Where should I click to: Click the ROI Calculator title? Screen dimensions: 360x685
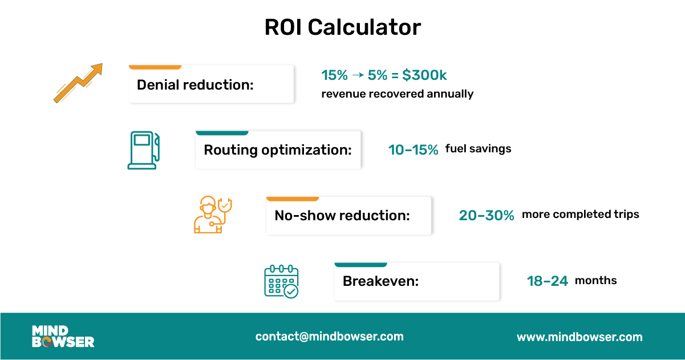pyautogui.click(x=342, y=27)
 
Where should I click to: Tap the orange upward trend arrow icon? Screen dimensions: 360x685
pyautogui.click(x=78, y=83)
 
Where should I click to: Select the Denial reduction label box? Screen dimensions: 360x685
pyautogui.click(x=211, y=85)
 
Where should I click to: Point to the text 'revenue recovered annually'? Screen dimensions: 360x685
pyautogui.click(x=397, y=94)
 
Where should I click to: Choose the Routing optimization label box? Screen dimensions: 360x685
pyautogui.click(x=278, y=150)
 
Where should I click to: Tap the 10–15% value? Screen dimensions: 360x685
pyautogui.click(x=413, y=150)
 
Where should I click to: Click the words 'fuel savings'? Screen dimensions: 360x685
pyautogui.click(x=478, y=149)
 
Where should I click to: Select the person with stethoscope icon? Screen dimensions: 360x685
pyautogui.click(x=212, y=215)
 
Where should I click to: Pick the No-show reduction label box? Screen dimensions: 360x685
pyautogui.click(x=348, y=216)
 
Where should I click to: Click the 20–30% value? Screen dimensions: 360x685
pyautogui.click(x=487, y=215)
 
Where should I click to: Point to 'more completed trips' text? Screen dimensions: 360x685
pyautogui.click(x=580, y=215)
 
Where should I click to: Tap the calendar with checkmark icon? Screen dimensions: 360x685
pyautogui.click(x=281, y=281)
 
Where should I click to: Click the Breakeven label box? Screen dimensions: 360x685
pyautogui.click(x=416, y=281)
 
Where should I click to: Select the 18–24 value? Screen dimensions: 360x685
pyautogui.click(x=548, y=281)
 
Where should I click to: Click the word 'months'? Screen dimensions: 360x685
pyautogui.click(x=595, y=280)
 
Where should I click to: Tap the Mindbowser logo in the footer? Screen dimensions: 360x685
pyautogui.click(x=63, y=337)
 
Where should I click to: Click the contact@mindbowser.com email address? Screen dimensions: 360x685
pyautogui.click(x=329, y=337)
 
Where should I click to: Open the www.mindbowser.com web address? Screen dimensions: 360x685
pyautogui.click(x=579, y=337)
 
